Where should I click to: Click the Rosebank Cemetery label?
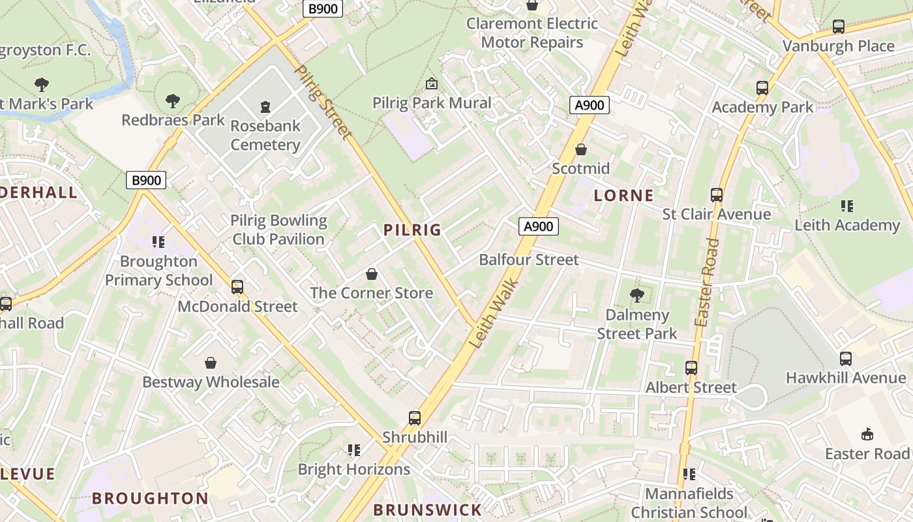265,135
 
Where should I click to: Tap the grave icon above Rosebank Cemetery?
265,106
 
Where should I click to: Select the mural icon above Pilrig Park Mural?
431,84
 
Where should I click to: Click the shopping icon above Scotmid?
581,149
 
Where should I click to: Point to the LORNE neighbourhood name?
624,195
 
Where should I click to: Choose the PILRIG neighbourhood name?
412,230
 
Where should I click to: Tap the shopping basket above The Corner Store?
372,274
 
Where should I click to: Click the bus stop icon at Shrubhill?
415,418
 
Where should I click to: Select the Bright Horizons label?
354,469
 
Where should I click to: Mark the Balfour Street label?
529,260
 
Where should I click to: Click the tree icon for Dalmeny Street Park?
637,296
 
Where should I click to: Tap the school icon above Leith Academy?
847,206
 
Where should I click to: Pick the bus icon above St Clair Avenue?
717,194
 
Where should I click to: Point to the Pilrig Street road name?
323,102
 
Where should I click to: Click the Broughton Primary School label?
158,271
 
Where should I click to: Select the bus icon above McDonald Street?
237,287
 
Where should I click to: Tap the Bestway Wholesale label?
211,382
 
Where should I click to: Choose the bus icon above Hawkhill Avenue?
846,358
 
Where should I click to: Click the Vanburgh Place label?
838,46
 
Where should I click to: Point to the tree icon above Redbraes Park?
173,101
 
